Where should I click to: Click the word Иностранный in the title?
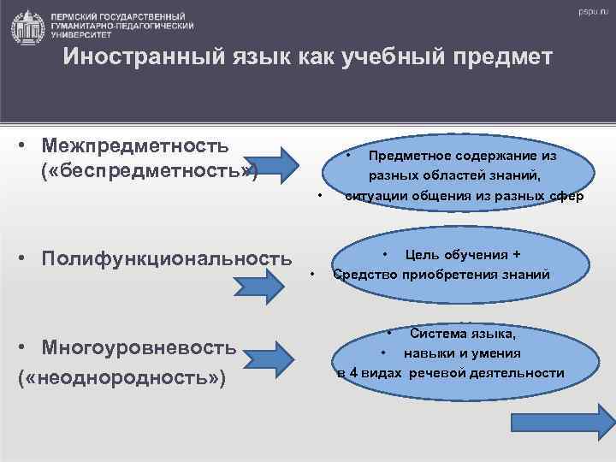[x=125, y=57]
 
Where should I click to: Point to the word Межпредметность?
[x=138, y=145]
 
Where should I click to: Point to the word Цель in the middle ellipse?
[x=420, y=254]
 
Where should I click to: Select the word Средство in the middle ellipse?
[x=364, y=275]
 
